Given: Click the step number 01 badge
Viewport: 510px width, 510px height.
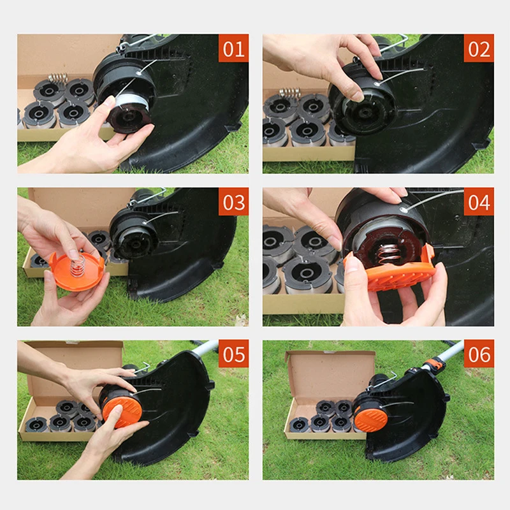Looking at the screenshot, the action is pyautogui.click(x=233, y=48).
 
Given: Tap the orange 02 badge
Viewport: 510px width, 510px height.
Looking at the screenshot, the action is pyautogui.click(x=479, y=48).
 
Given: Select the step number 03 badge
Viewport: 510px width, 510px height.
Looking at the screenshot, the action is pyautogui.click(x=233, y=201).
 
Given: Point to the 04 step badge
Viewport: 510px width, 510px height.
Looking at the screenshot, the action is pyautogui.click(x=479, y=201).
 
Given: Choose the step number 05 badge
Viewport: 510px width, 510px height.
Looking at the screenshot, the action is pyautogui.click(x=233, y=354).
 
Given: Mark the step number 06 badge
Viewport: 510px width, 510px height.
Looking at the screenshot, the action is pyautogui.click(x=479, y=354).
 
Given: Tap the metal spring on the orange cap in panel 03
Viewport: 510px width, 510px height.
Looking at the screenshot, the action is pyautogui.click(x=77, y=263).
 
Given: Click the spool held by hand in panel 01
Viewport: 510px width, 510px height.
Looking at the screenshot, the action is pyautogui.click(x=130, y=114).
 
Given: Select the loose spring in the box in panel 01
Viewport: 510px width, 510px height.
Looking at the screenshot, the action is pyautogui.click(x=58, y=78).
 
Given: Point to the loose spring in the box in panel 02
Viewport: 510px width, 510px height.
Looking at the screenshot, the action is pyautogui.click(x=289, y=92).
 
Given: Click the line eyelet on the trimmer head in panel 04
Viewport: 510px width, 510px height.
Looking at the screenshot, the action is pyautogui.click(x=404, y=209).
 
